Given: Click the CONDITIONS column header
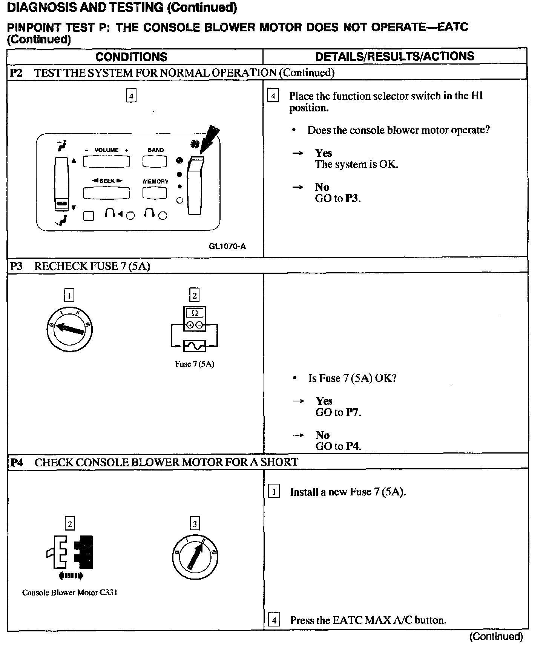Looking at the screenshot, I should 131,57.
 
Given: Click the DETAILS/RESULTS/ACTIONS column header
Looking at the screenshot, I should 394,56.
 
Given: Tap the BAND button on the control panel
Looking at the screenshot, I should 155,162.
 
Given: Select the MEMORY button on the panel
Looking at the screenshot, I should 155,193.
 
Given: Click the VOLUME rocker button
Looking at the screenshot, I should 106,162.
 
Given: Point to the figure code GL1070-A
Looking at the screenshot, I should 227,246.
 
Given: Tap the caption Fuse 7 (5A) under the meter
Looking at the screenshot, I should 195,364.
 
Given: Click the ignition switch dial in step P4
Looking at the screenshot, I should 195,557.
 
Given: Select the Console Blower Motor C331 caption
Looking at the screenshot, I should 70,592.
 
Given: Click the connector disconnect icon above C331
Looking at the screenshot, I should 70,552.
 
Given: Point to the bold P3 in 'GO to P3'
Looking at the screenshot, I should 352,199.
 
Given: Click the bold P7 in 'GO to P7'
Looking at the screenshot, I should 353,412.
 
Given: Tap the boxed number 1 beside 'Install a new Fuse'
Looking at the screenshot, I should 274,492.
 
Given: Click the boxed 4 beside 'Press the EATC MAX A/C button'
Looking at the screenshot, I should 274,620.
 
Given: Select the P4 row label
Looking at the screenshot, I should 17,462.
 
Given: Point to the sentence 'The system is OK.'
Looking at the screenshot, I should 357,165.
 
